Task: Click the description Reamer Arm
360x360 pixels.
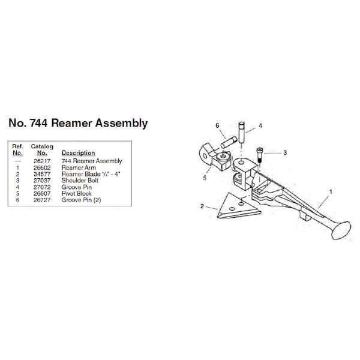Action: pyautogui.click(x=79, y=167)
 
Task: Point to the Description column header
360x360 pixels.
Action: pyautogui.click(x=78, y=153)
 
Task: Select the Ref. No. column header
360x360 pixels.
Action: pyautogui.click(x=18, y=149)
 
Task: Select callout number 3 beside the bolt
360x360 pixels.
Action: pyautogui.click(x=285, y=153)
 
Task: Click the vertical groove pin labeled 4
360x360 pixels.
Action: pyautogui.click(x=241, y=133)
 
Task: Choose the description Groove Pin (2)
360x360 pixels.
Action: pyautogui.click(x=81, y=199)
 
